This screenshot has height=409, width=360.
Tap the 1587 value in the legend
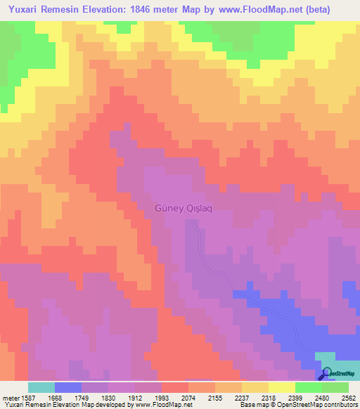pyautogui.click(x=28, y=398)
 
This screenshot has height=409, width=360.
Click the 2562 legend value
pyautogui.click(x=349, y=398)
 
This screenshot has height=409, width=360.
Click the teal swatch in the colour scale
pyautogui.click(x=41, y=387)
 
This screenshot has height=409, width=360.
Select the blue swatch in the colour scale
pyautogui.click(x=68, y=387)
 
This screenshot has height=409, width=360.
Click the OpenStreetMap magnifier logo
pyautogui.click(x=327, y=373)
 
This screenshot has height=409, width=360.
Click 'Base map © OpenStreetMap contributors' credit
pyautogui.click(x=298, y=405)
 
